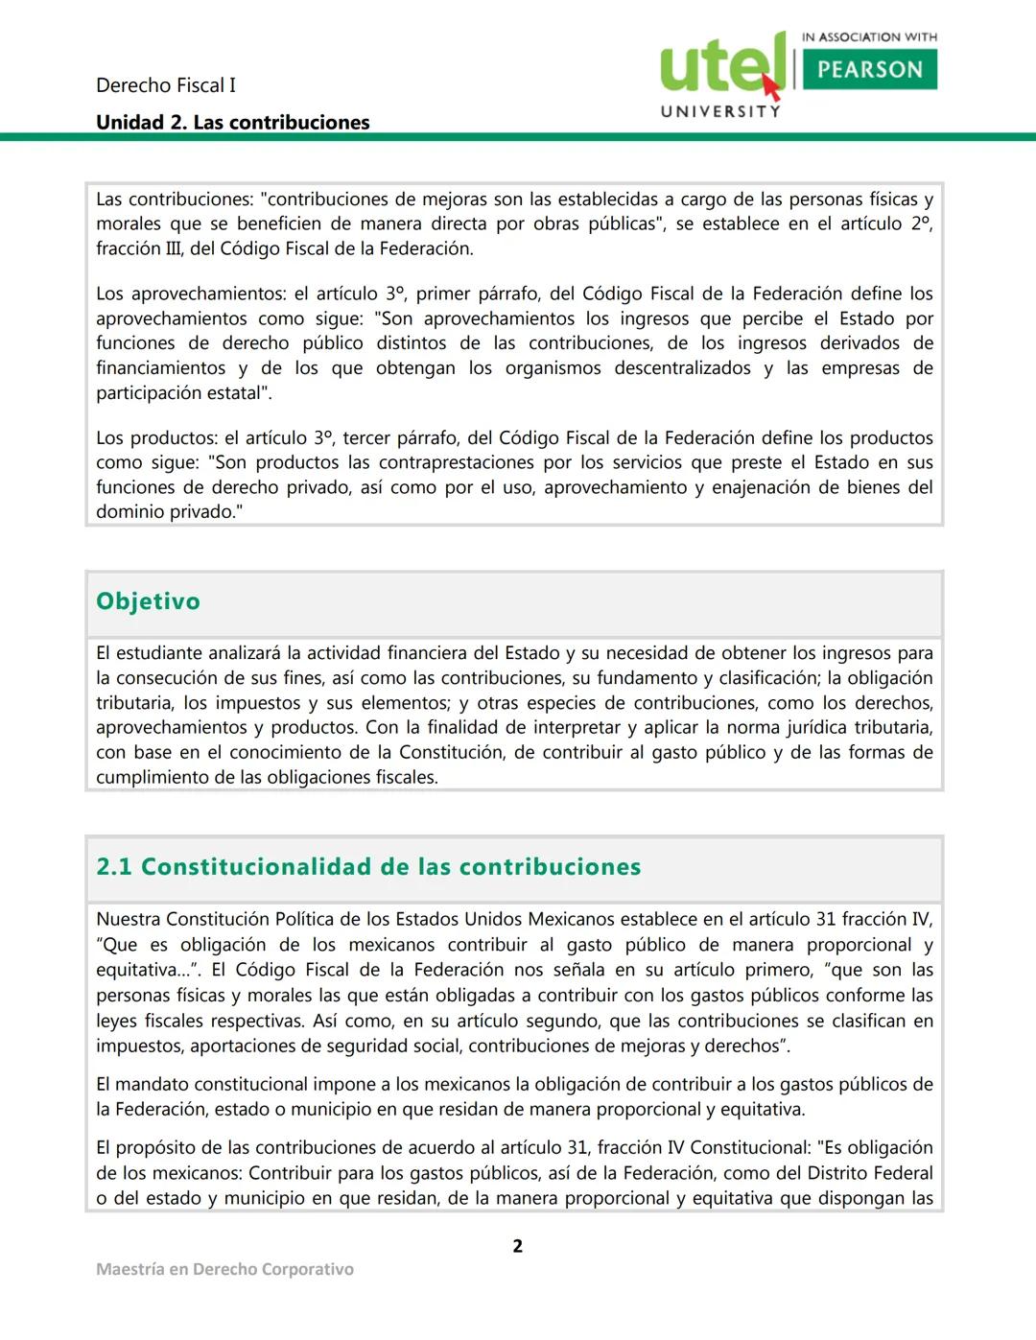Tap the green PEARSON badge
click(869, 70)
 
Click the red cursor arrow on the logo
click(771, 87)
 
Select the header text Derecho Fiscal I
click(165, 85)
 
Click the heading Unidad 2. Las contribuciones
click(232, 123)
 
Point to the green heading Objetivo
click(148, 601)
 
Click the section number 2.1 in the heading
click(113, 867)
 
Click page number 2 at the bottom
click(518, 1246)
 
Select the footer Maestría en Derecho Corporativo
click(224, 1269)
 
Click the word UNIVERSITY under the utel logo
click(720, 111)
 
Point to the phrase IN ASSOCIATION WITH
click(869, 37)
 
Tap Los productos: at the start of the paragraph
click(153, 438)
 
